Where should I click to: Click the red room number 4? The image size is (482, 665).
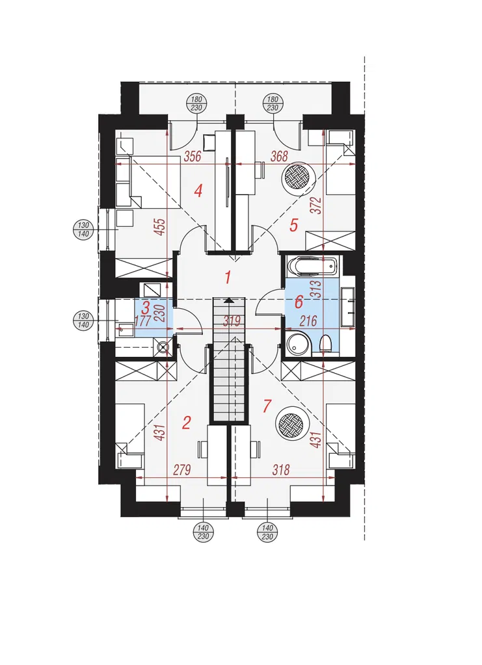198,191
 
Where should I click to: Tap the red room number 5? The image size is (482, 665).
293,225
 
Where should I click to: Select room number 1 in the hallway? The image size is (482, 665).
228,278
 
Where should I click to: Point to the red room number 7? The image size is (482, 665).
267,406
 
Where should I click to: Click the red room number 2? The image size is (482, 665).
186,423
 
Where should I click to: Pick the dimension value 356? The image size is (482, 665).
192,157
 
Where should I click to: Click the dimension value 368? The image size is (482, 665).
279,157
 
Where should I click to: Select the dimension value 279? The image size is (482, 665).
182,470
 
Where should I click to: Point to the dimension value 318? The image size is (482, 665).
281,470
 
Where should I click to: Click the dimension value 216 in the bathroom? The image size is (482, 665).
308,321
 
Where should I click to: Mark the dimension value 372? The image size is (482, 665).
319,205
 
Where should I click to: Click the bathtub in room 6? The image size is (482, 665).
312,266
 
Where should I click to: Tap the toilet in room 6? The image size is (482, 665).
326,343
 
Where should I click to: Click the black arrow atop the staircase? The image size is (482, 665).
229,300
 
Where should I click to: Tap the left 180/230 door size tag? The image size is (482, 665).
196,104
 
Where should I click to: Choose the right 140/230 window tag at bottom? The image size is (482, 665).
267,532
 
